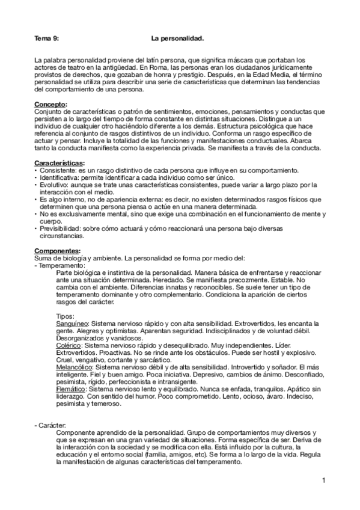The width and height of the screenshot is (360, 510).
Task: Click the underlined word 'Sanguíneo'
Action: coord(70,324)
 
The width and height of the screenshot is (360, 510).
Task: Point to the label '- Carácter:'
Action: coord(53,425)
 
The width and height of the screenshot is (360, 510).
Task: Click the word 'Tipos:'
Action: coord(64,316)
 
